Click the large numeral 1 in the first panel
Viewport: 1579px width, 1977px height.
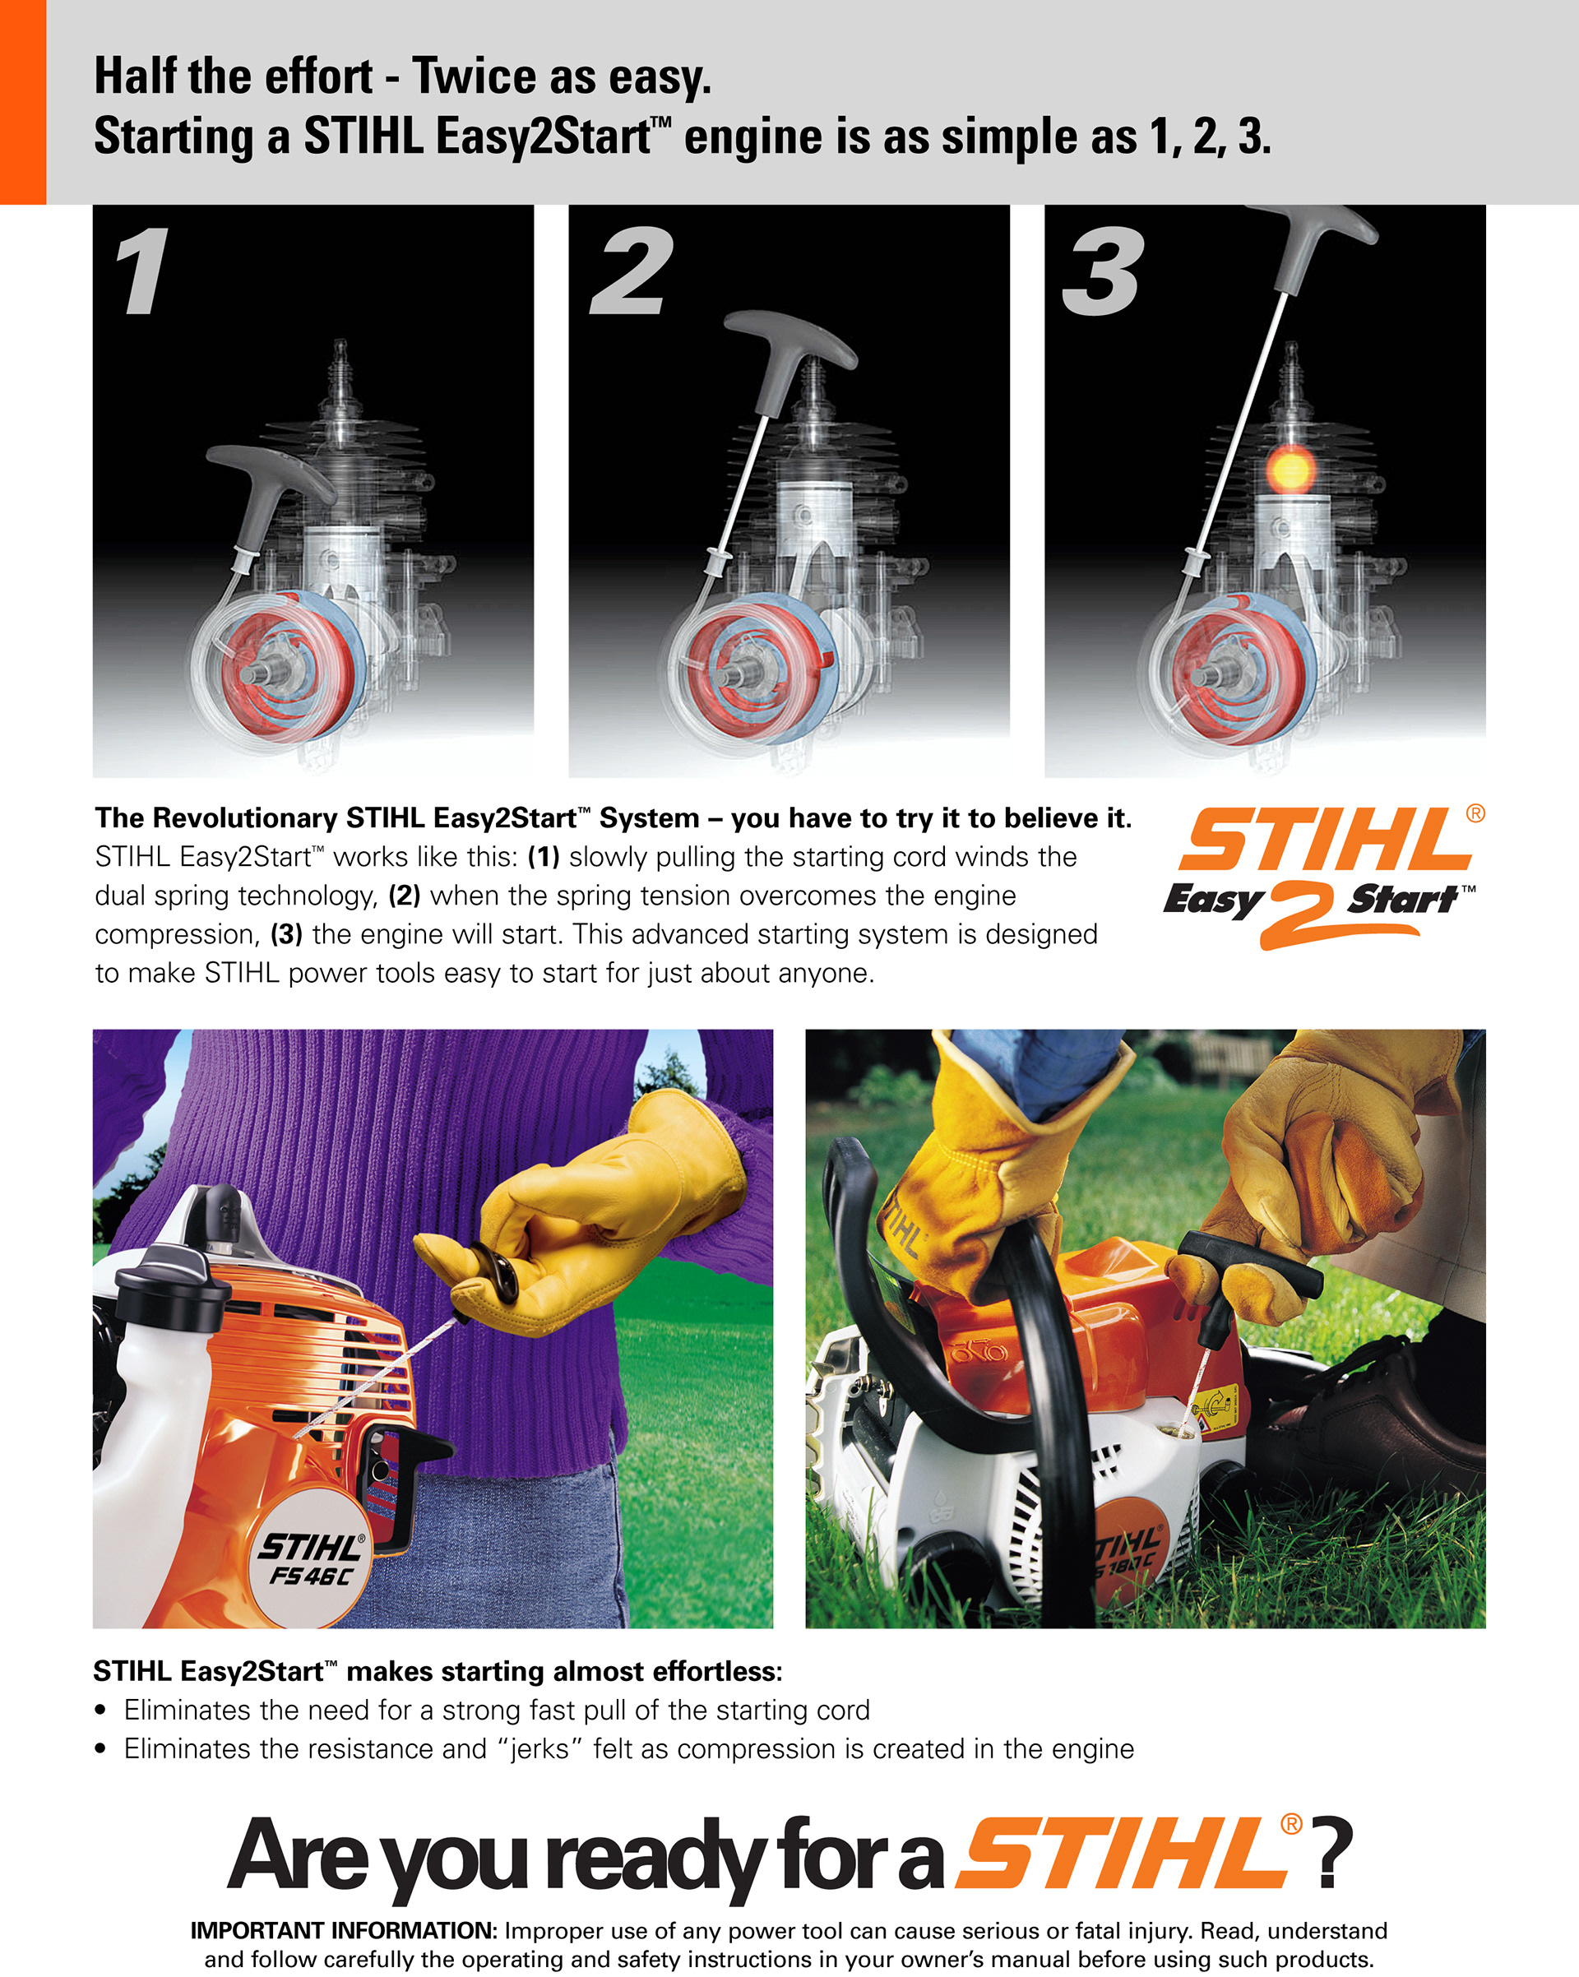pyautogui.click(x=143, y=271)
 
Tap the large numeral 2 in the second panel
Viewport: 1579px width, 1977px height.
pyautogui.click(x=631, y=271)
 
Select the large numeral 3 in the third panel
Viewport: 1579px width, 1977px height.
pyautogui.click(x=1103, y=271)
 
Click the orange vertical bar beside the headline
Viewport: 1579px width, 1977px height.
pyautogui.click(x=23, y=102)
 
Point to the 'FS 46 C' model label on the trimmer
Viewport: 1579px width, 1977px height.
pyautogui.click(x=311, y=1577)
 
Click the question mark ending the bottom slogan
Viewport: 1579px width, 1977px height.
pyautogui.click(x=1334, y=1852)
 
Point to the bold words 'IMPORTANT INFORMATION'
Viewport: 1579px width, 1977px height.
pyautogui.click(x=344, y=1930)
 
